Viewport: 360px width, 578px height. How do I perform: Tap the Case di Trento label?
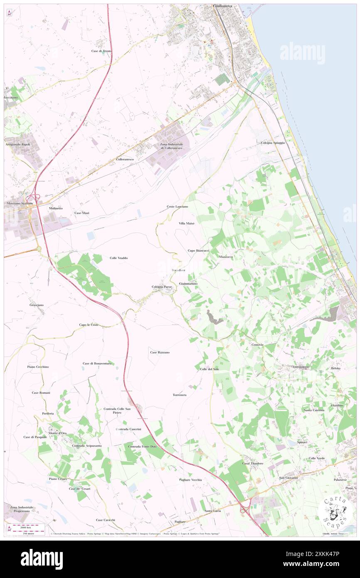click(x=102, y=51)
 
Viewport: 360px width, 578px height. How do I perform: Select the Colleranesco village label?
click(x=125, y=159)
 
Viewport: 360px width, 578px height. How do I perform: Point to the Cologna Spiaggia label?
click(x=273, y=143)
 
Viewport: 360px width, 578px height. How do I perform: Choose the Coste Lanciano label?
click(x=177, y=206)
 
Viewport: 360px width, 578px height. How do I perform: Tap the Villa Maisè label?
click(x=187, y=223)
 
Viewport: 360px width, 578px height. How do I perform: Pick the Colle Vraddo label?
click(x=118, y=258)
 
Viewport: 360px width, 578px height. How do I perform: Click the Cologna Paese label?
click(x=162, y=287)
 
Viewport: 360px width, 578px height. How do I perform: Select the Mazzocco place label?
click(x=226, y=257)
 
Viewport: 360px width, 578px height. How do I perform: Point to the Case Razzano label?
click(x=160, y=352)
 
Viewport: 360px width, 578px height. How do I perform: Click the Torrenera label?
click(x=180, y=394)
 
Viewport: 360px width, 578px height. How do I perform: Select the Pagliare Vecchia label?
click(x=190, y=479)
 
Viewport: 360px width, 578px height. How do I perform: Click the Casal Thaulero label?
click(x=253, y=463)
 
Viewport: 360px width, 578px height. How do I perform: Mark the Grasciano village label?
click(x=37, y=305)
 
